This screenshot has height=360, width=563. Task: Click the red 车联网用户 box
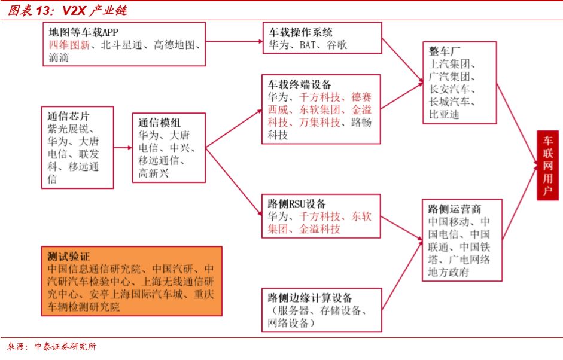(547, 165)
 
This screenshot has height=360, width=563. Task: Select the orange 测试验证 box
(131, 280)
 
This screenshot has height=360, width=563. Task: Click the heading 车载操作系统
(300, 32)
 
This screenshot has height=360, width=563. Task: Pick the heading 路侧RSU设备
(297, 203)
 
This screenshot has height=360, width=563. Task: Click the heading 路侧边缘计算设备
(309, 298)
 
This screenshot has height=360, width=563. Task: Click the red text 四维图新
(68, 45)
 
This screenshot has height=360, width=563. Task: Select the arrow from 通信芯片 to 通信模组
(123, 147)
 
